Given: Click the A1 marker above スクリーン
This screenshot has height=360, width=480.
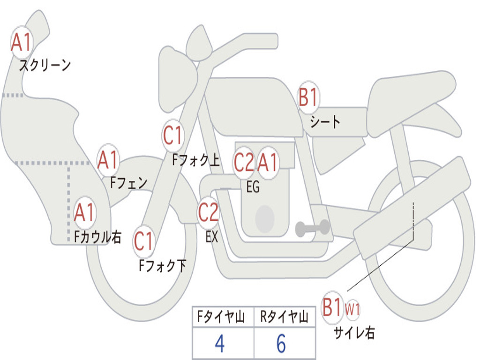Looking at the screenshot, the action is click(22, 42).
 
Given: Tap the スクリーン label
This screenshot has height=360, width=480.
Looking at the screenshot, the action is click(45, 65).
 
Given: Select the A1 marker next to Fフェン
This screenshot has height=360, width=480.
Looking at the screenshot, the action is click(108, 160).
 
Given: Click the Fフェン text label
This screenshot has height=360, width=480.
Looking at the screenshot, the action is click(128, 183).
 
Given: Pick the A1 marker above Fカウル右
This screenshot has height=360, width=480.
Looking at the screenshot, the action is click(84, 212).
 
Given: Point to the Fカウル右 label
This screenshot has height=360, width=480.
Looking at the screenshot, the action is click(97, 237).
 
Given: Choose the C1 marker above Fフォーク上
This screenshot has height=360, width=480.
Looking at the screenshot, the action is click(173, 135).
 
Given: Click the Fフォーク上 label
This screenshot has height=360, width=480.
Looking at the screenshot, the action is click(196, 160).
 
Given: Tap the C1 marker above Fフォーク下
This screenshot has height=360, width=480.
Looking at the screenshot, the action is click(143, 241).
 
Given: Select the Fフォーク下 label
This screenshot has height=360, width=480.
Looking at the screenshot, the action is click(162, 265).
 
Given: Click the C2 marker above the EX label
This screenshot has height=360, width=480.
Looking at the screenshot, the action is click(209, 212).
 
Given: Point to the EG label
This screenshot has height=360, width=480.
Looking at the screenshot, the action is click(253, 187).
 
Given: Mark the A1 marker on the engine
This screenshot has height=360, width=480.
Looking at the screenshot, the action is click(268, 163).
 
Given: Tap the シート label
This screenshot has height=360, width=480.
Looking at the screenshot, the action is click(325, 121).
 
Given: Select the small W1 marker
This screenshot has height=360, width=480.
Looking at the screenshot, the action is click(352, 309).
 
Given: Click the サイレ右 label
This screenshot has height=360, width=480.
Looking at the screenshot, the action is click(354, 333).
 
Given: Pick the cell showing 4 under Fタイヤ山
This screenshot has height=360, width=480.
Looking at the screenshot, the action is click(223, 343).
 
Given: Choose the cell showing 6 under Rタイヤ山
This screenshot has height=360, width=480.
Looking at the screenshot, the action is click(285, 343).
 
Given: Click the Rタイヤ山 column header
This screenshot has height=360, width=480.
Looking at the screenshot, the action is click(285, 316).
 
